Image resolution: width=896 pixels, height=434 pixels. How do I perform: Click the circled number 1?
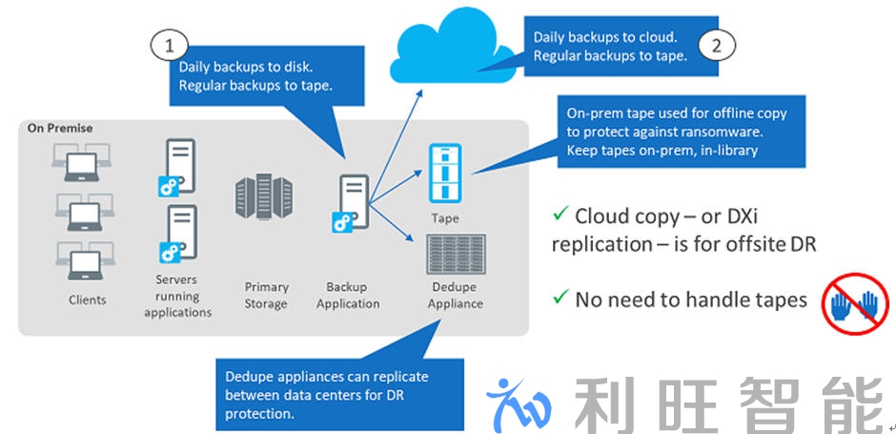[x=169, y=44]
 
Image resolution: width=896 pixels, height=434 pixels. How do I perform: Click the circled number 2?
[x=717, y=45]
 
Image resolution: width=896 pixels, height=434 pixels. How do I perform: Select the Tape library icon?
[x=445, y=173]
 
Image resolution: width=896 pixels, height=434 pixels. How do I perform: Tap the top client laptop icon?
[x=83, y=162]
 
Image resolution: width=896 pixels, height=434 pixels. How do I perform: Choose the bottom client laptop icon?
[x=83, y=260]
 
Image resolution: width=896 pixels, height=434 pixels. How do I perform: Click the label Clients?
[x=88, y=300]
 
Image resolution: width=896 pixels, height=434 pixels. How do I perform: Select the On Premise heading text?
[x=59, y=128]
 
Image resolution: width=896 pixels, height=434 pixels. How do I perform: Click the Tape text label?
[x=445, y=218]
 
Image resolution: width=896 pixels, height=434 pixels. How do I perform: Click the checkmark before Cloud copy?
[x=560, y=214]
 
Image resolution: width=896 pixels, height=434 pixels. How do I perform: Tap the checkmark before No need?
[x=560, y=299]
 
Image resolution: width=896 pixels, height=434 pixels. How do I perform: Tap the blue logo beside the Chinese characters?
[x=520, y=405]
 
